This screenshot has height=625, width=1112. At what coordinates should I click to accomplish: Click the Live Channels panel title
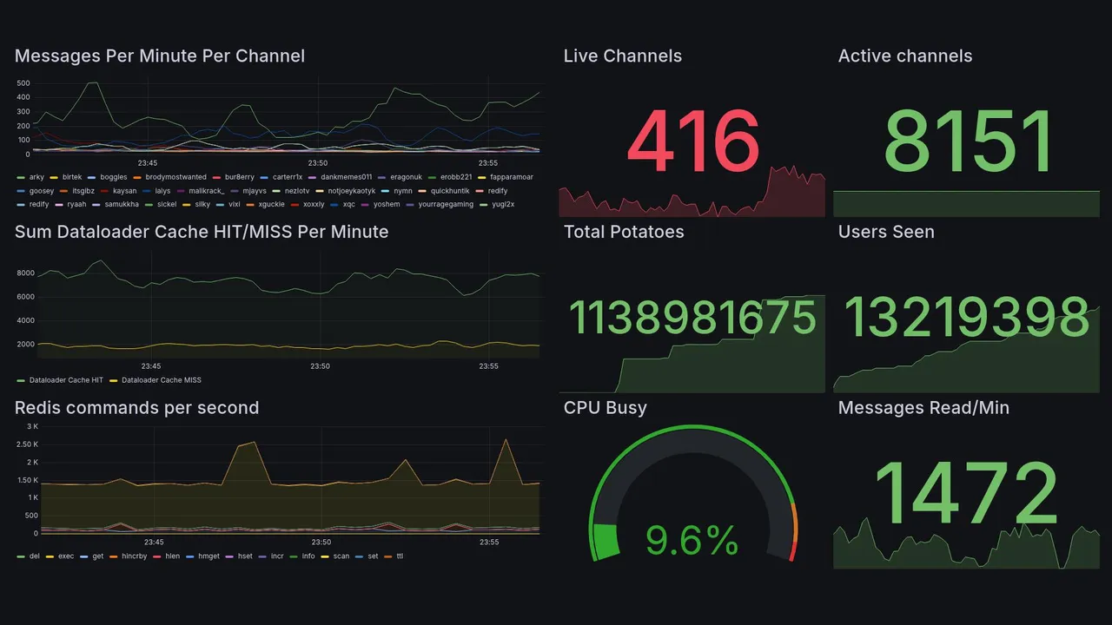[x=622, y=56]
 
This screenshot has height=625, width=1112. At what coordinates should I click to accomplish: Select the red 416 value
[x=692, y=141]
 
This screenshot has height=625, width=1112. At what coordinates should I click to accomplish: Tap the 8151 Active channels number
[x=968, y=141]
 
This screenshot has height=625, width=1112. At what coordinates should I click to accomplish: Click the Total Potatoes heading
[x=623, y=232]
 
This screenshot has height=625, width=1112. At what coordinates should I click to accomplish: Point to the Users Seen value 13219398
[x=966, y=317]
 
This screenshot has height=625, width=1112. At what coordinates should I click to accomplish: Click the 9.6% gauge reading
[x=692, y=542]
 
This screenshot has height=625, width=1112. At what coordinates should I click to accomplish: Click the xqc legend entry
[x=348, y=205]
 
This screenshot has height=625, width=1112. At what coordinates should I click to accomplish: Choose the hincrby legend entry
[x=134, y=556]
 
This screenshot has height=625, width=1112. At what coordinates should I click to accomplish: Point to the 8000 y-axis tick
[x=24, y=273]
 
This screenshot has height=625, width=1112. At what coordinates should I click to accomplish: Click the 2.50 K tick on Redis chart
[x=26, y=444]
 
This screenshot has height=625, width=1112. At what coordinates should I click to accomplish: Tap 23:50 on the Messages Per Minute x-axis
[x=318, y=163]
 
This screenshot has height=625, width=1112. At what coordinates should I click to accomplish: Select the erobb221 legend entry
[x=455, y=177]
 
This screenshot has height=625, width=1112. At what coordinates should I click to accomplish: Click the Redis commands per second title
[x=136, y=408]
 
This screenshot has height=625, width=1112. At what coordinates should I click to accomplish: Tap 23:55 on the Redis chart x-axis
[x=489, y=543]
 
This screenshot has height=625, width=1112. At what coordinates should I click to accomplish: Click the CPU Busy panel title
[x=605, y=408]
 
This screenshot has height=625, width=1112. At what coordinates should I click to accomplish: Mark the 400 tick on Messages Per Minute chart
[x=23, y=98]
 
